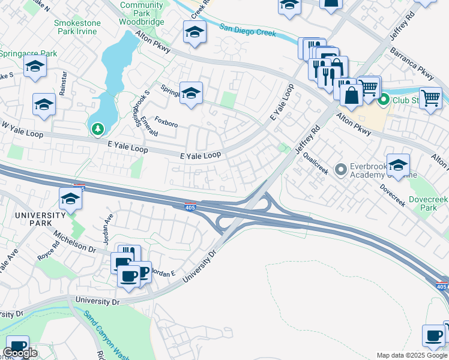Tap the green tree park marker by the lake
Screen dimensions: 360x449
click(x=97, y=128)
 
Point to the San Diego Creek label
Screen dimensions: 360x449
click(x=247, y=29)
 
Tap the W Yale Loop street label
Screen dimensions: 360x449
click(x=22, y=130)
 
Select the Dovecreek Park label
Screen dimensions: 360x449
click(x=429, y=203)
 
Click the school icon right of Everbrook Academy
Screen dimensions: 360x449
click(x=398, y=164)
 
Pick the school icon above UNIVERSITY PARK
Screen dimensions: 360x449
click(x=70, y=199)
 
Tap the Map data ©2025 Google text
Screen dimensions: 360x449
click(x=412, y=355)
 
